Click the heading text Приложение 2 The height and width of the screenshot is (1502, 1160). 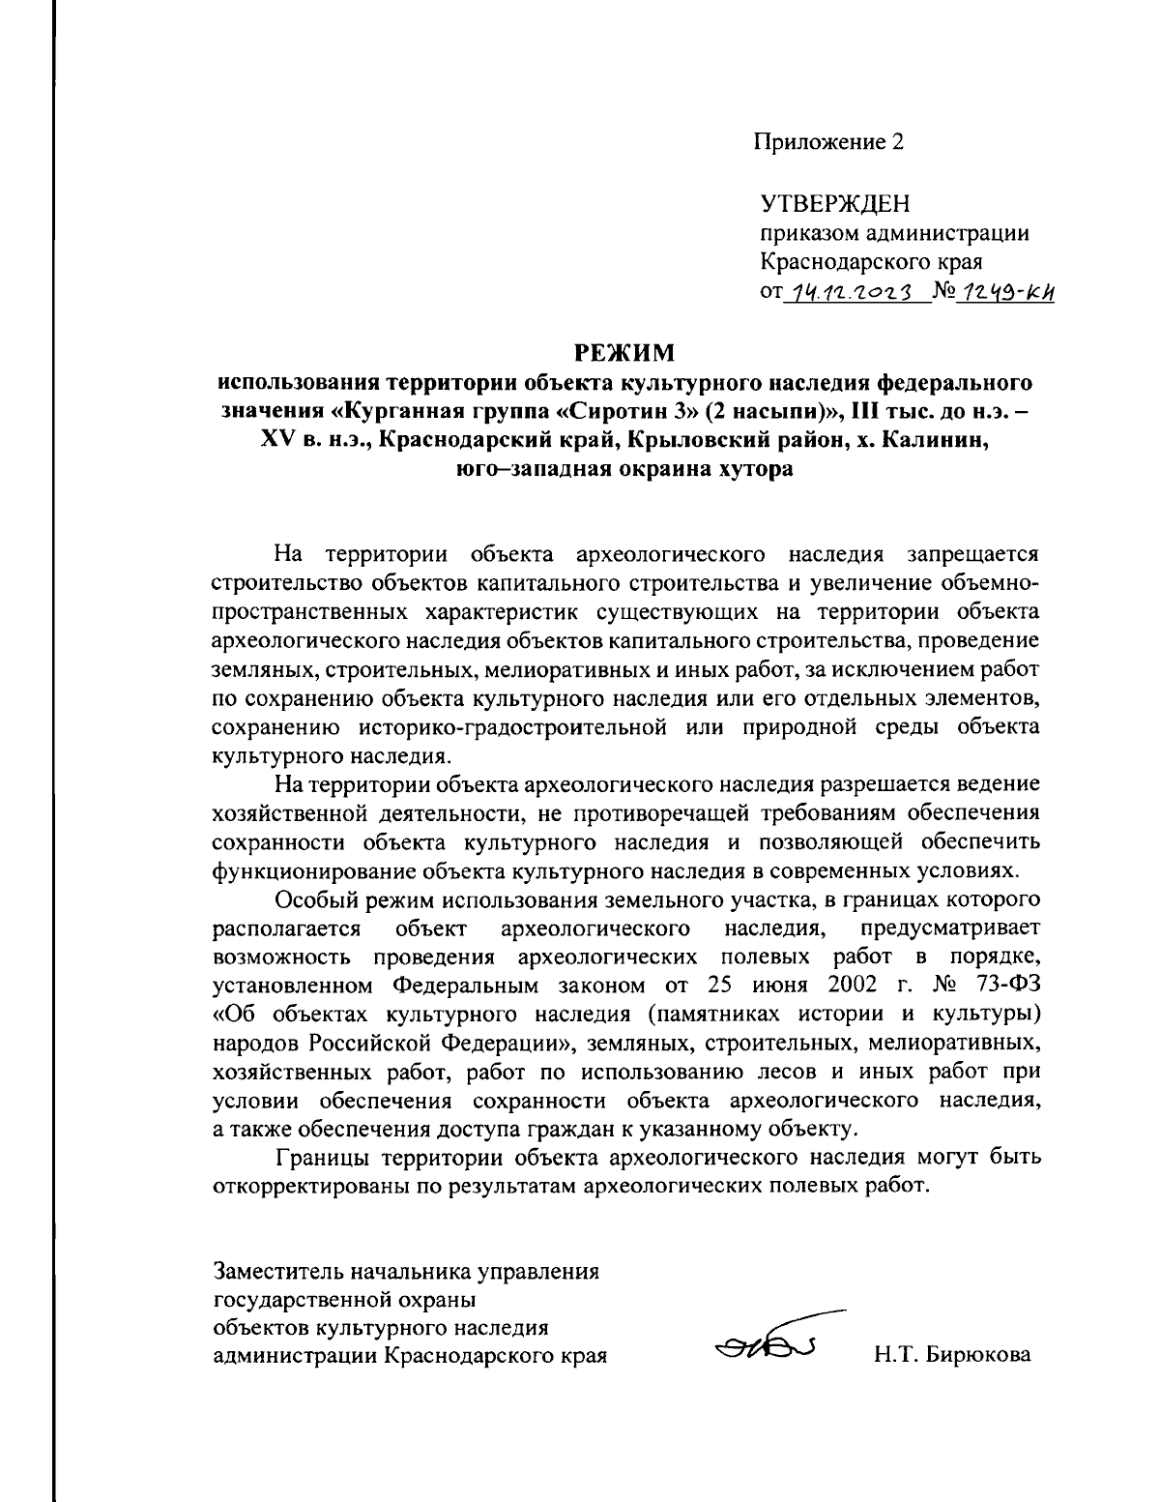pyautogui.click(x=830, y=142)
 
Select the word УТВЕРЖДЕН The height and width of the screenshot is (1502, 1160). pyautogui.click(x=835, y=205)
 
